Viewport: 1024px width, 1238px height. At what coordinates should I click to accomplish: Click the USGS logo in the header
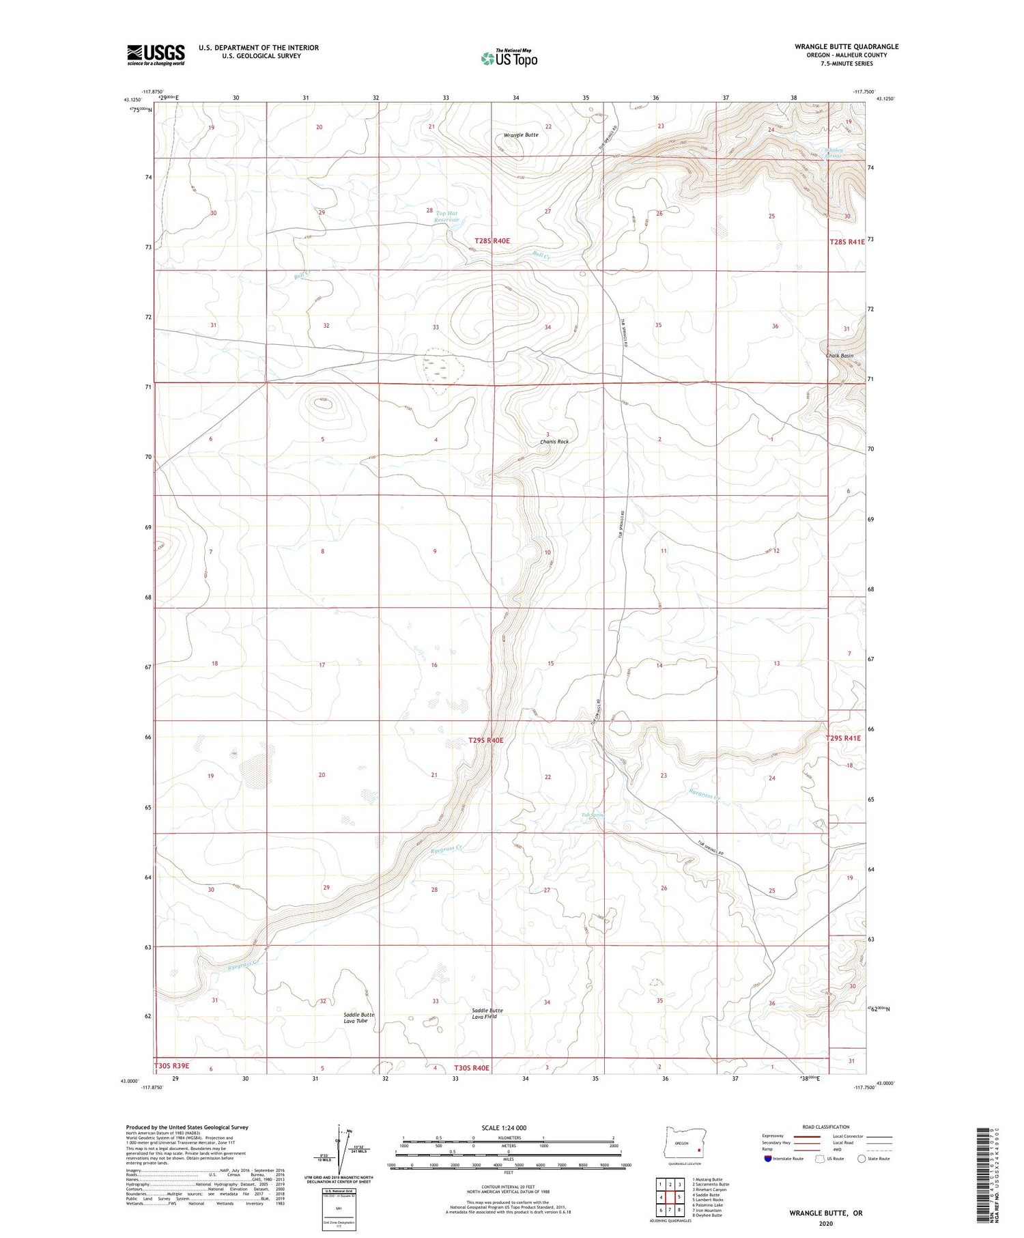[156, 55]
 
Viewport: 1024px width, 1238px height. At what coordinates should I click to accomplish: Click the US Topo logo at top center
[509, 59]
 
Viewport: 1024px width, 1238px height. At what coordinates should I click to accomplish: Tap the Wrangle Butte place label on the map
[521, 135]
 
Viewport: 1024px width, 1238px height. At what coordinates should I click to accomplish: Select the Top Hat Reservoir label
[448, 216]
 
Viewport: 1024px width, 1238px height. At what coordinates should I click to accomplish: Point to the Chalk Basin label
[839, 356]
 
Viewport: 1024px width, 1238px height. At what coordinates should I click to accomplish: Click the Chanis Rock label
[554, 442]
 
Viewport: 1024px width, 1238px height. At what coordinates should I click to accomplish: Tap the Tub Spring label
[593, 815]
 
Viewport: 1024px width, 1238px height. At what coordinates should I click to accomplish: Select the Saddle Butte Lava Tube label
[358, 1017]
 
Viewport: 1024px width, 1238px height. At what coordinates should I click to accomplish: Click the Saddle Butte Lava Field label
[487, 1013]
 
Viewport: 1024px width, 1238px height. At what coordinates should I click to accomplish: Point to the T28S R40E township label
[492, 241]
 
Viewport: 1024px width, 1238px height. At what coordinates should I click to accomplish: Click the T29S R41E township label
[843, 738]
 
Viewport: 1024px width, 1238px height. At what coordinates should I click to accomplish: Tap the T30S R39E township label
[171, 1065]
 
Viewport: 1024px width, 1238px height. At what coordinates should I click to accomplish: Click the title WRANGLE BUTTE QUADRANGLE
[846, 46]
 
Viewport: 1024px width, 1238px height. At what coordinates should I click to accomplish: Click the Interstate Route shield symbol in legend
[768, 1159]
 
